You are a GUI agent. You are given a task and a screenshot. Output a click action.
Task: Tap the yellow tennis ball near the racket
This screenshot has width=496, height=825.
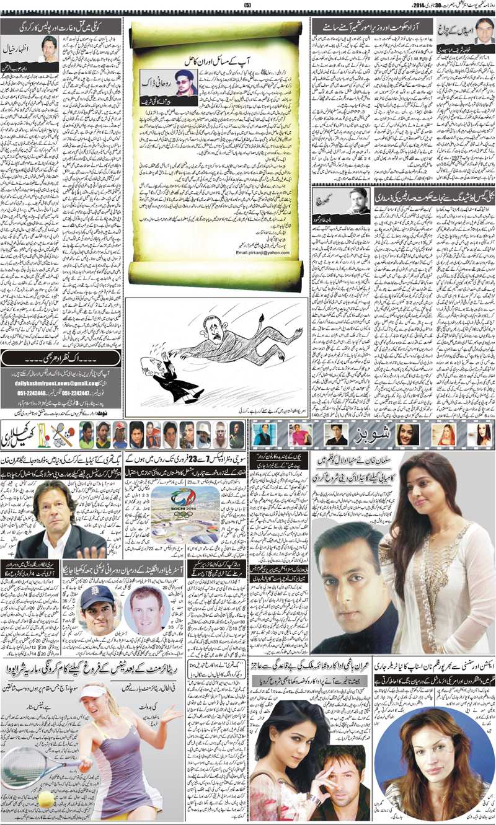[x=46, y=800]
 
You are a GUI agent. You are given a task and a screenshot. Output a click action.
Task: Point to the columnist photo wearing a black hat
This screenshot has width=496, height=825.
[x=184, y=82]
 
